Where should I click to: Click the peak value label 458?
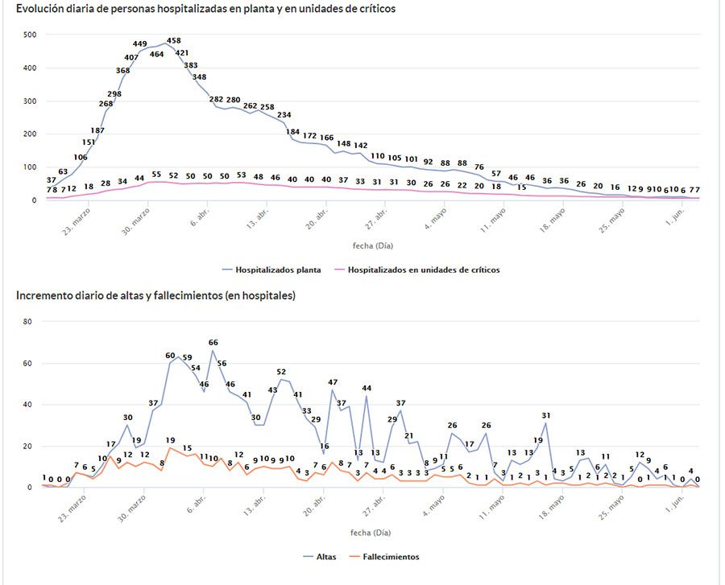pos(174,40)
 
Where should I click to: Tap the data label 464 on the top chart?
pos(157,54)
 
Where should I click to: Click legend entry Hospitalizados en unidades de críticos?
pos(424,270)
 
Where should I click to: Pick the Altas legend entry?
pos(325,556)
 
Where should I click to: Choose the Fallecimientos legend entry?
pos(391,556)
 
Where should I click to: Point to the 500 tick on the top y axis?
pos(30,35)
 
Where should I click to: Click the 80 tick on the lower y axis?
pos(27,321)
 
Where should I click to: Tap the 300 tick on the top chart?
pos(30,101)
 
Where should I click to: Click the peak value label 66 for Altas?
pos(213,343)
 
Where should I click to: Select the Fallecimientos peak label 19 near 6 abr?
pos(171,440)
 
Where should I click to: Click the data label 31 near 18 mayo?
pos(546,416)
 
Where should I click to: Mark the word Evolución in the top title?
pos(40,8)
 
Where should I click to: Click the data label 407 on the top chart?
pos(131,57)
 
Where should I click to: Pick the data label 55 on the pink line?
pos(156,175)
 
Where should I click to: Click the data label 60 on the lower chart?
pos(171,355)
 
